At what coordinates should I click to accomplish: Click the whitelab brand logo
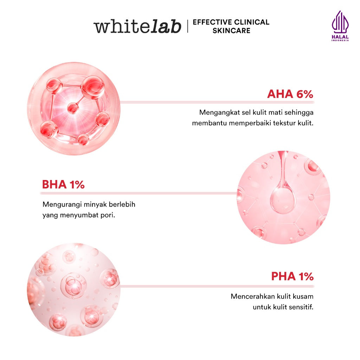click(x=137, y=27)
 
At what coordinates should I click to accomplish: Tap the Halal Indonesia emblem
click(x=340, y=26)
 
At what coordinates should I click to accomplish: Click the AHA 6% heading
click(x=290, y=94)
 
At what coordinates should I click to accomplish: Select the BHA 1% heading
click(x=63, y=185)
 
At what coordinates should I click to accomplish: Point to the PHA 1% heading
click(x=292, y=276)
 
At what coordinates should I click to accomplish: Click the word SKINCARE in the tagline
click(x=231, y=31)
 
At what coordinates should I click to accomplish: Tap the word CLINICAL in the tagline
click(x=251, y=22)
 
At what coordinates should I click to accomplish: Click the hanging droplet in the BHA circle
click(x=282, y=199)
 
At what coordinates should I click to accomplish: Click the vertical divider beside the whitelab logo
click(x=188, y=27)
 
